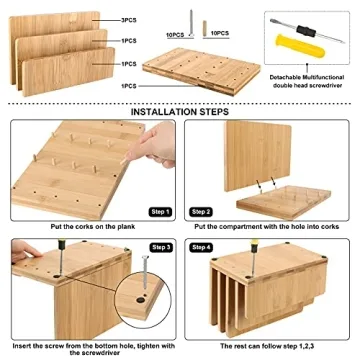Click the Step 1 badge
[x=159, y=212]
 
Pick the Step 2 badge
[x=201, y=212]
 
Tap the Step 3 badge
[x=159, y=246]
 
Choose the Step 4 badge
[x=201, y=246]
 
